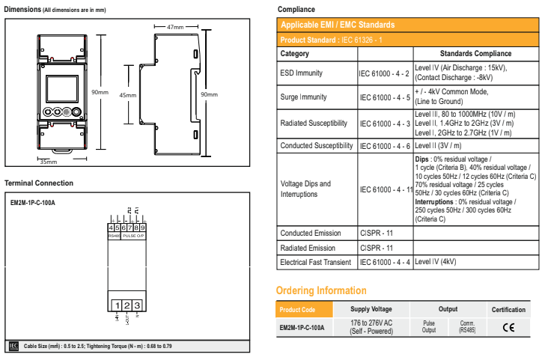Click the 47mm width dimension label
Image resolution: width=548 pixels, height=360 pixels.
pyautogui.click(x=175, y=27)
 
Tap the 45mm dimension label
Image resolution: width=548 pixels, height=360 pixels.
pyautogui.click(x=128, y=95)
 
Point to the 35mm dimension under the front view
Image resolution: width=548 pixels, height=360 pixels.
pyautogui.click(x=48, y=161)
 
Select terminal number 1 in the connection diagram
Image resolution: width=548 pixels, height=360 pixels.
pyautogui.click(x=118, y=305)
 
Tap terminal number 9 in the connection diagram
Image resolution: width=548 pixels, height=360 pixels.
pyautogui.click(x=142, y=227)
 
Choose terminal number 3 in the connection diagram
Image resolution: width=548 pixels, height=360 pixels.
pyautogui.click(x=137, y=305)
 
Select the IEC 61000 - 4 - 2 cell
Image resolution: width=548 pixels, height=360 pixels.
pyautogui.click(x=385, y=73)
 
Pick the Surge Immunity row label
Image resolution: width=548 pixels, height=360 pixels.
pyautogui.click(x=302, y=97)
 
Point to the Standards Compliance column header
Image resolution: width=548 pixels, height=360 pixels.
pyautogui.click(x=475, y=54)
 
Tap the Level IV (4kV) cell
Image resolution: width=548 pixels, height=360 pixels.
pyautogui.click(x=435, y=262)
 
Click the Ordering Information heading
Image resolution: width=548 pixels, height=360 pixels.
pyautogui.click(x=321, y=290)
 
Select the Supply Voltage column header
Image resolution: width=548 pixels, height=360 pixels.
pyautogui.click(x=371, y=309)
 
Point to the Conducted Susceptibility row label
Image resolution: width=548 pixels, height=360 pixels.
pyautogui.click(x=316, y=145)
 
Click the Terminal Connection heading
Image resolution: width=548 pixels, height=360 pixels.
pyautogui.click(x=39, y=183)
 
